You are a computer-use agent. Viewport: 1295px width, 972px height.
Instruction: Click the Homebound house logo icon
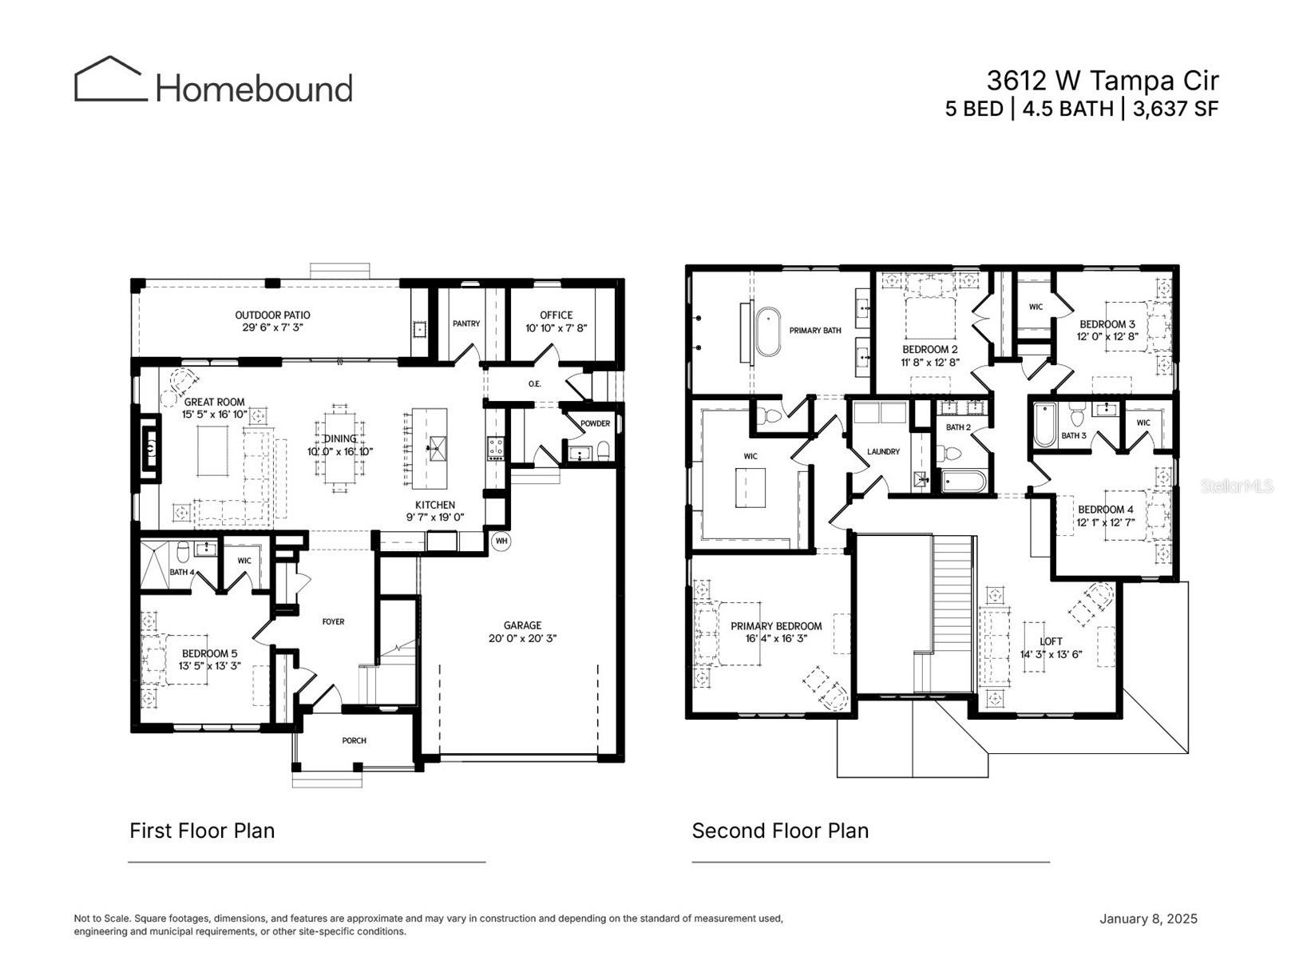point(110,79)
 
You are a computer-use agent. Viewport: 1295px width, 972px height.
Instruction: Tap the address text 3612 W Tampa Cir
point(1102,81)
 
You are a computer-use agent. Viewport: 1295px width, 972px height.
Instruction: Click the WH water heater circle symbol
point(501,541)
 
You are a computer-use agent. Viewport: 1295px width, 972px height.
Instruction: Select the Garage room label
point(522,625)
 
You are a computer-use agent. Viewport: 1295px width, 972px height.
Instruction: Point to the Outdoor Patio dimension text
point(272,327)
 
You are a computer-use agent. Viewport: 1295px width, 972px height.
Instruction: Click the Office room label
point(556,315)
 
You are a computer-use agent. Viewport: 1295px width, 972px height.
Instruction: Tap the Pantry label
point(466,323)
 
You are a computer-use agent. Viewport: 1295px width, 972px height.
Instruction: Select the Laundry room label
point(883,451)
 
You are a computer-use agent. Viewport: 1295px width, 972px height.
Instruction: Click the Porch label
point(354,740)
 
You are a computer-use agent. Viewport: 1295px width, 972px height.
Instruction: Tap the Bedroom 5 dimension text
point(209,665)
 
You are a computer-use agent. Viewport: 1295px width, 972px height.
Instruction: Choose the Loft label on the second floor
point(1051,641)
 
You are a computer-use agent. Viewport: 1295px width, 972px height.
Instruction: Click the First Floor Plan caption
point(202,831)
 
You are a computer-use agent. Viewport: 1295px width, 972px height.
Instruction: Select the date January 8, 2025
point(1148,918)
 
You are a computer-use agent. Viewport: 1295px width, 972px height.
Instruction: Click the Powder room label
point(595,423)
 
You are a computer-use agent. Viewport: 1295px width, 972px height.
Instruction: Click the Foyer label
point(333,621)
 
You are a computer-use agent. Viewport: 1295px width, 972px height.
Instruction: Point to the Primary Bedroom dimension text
point(776,638)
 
